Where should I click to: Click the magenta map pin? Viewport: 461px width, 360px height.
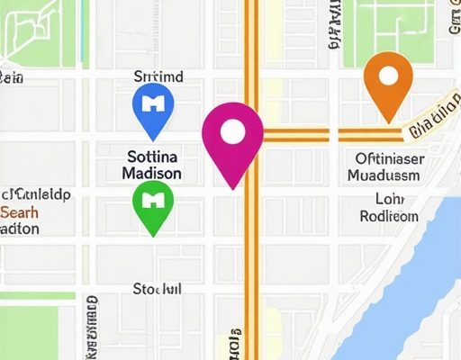[x=232, y=139]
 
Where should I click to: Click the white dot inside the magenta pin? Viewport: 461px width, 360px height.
[x=232, y=131]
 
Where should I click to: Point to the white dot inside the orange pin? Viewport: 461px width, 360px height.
[x=388, y=74]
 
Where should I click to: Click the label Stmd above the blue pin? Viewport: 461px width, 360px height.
[x=158, y=77]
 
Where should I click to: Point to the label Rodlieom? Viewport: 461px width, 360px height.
[x=388, y=216]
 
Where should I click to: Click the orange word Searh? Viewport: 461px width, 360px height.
[x=19, y=212]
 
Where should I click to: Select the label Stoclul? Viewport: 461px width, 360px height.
[x=157, y=290]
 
